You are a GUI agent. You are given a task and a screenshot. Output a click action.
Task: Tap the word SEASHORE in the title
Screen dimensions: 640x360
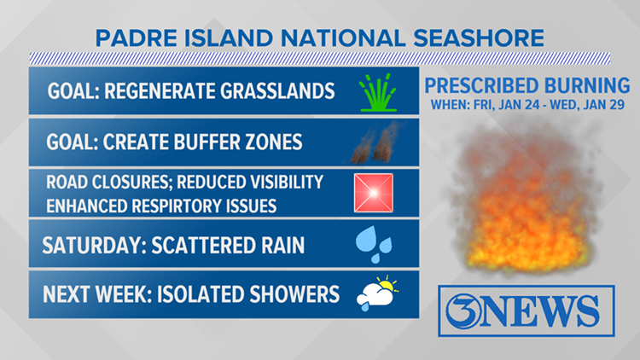tap(479, 38)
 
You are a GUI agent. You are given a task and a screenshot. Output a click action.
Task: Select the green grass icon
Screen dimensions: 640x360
tap(377, 93)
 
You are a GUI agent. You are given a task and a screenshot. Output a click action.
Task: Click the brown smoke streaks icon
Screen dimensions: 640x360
tap(375, 142)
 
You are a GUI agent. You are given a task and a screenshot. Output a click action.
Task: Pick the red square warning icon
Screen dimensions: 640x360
tap(374, 193)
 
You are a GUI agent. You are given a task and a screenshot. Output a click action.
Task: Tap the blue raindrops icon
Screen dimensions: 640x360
tap(374, 244)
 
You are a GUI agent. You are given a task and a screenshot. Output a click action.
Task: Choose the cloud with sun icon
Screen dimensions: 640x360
tap(377, 293)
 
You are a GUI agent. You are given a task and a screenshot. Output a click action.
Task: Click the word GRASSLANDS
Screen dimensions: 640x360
tap(277, 91)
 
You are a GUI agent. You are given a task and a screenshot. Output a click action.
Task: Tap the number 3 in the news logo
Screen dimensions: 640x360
tap(463, 311)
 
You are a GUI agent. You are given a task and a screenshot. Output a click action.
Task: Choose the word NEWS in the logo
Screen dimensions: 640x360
tap(539, 311)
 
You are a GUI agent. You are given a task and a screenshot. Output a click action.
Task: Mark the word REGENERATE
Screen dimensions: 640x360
tap(160, 91)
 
